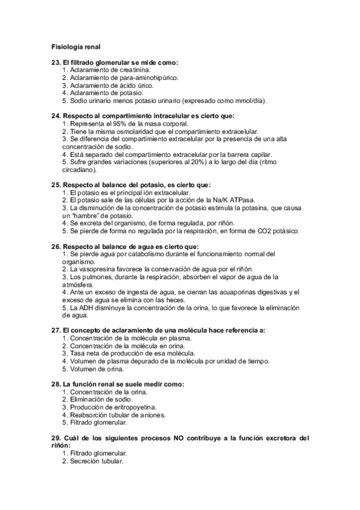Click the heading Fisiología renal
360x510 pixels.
[x=75, y=46]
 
